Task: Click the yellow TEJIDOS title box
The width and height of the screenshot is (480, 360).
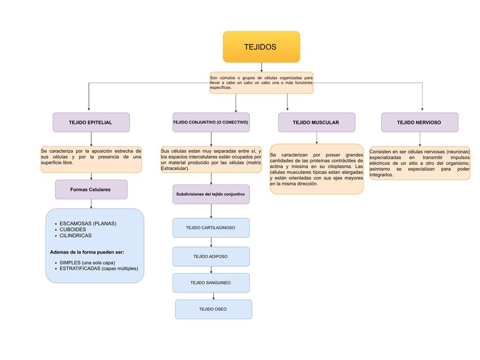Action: [261, 47]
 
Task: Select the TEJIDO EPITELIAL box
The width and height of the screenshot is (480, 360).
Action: [91, 122]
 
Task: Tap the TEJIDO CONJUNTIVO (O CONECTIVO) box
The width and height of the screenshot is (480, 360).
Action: [210, 122]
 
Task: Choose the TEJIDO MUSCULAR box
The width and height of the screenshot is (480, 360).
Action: [316, 122]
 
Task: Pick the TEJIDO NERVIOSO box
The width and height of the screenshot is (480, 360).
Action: [419, 122]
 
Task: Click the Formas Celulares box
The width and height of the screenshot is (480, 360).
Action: [91, 190]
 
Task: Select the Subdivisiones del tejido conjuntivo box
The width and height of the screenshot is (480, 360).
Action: [210, 194]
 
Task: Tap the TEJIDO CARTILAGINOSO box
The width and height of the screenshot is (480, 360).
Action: [210, 228]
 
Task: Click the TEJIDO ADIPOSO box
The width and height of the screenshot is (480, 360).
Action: [210, 256]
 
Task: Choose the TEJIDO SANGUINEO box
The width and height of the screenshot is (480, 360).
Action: [210, 283]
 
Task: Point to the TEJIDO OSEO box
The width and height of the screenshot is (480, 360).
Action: [213, 309]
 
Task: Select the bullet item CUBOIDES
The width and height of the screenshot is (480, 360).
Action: [73, 229]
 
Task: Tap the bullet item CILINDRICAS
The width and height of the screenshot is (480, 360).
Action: [75, 236]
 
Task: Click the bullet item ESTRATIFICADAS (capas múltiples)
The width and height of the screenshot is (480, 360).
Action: [98, 268]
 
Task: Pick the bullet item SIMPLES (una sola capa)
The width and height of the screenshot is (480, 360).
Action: [87, 263]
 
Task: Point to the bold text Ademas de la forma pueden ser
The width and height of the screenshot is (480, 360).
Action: [87, 252]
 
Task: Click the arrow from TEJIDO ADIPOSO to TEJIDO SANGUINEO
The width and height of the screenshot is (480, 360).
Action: [211, 269]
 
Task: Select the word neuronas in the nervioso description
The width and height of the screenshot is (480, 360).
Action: [455, 152]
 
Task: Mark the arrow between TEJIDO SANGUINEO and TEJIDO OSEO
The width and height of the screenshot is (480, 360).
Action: [213, 296]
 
